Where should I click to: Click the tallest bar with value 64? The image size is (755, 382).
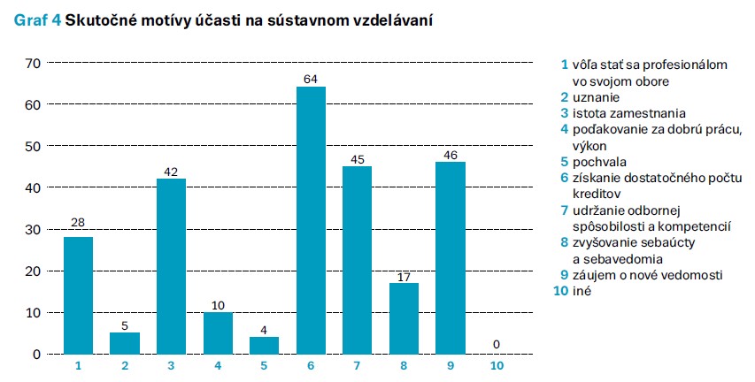pos(311,220)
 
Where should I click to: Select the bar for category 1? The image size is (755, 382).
pos(78,295)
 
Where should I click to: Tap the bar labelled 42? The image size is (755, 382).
pos(171,266)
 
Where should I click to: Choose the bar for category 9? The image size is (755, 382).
pos(450,257)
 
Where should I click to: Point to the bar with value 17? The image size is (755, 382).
pos(404,318)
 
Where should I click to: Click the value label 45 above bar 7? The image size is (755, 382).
pos(357,160)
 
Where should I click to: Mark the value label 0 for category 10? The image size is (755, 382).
pos(497,345)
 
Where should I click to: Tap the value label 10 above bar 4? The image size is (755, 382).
pos(218,305)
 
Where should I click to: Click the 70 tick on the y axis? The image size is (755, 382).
pos(34,63)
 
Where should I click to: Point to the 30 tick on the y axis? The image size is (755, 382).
pos(34,229)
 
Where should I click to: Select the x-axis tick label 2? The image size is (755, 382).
pos(124,363)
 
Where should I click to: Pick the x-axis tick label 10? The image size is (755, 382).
pos(497,363)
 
